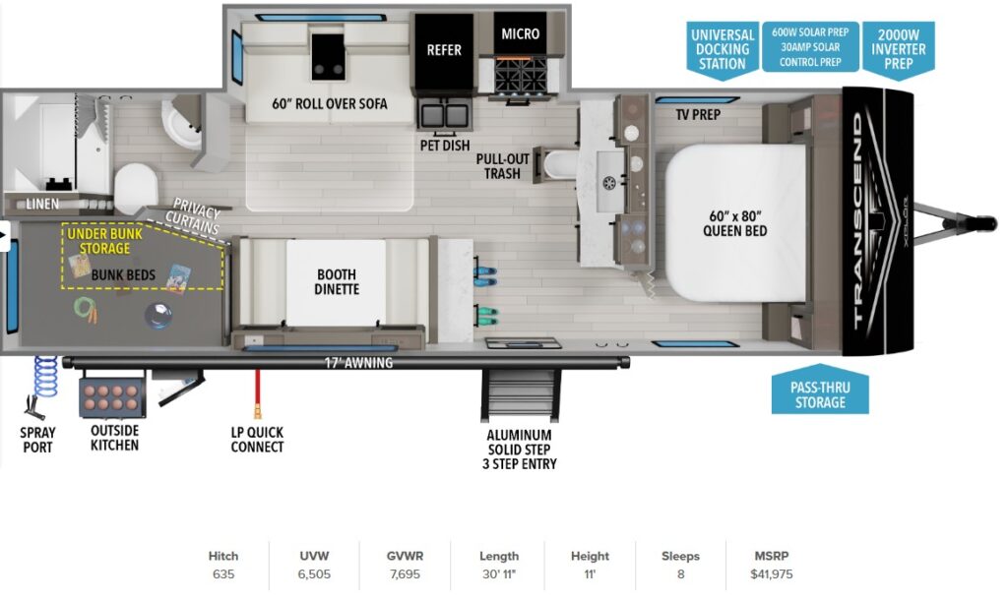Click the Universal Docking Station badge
point(722,50)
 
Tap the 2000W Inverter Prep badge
point(898,50)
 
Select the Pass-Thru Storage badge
point(820,391)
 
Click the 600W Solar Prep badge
point(810,47)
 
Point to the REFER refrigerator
point(444,54)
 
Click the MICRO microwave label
point(520,34)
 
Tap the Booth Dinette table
point(337,282)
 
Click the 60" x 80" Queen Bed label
point(734,223)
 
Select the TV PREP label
point(698,115)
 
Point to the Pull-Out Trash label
point(503,166)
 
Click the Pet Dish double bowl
point(444,116)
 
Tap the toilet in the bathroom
point(136,188)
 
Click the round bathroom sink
point(182,123)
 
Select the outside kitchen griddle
point(112,398)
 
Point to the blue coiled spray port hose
point(44,379)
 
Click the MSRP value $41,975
point(771,574)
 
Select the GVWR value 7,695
point(405,574)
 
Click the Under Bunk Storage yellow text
point(104,241)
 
